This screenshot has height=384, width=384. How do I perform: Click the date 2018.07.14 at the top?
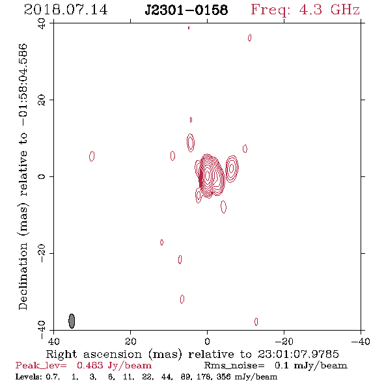click(66, 10)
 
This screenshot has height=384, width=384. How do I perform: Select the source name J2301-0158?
click(186, 10)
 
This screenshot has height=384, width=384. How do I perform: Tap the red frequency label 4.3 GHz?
click(329, 10)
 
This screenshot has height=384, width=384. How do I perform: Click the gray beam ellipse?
click(72, 321)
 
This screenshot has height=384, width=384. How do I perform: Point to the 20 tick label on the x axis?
click(131, 341)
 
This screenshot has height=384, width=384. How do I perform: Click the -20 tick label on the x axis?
click(284, 341)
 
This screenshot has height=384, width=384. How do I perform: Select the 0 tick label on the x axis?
click(207, 341)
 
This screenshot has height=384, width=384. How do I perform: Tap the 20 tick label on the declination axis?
click(42, 100)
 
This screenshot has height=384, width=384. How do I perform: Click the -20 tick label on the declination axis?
click(42, 253)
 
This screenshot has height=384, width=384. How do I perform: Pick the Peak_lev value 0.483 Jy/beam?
click(114, 365)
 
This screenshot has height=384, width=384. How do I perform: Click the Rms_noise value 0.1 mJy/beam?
click(310, 365)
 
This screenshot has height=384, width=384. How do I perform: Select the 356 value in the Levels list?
click(224, 376)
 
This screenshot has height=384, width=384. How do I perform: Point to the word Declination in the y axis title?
click(23, 276)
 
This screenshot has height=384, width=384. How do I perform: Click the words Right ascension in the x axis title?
click(94, 354)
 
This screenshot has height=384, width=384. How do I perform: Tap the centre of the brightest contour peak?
click(208, 175)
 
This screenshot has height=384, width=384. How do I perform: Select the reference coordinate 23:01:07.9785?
click(298, 354)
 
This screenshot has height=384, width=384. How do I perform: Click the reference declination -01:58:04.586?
click(23, 85)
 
